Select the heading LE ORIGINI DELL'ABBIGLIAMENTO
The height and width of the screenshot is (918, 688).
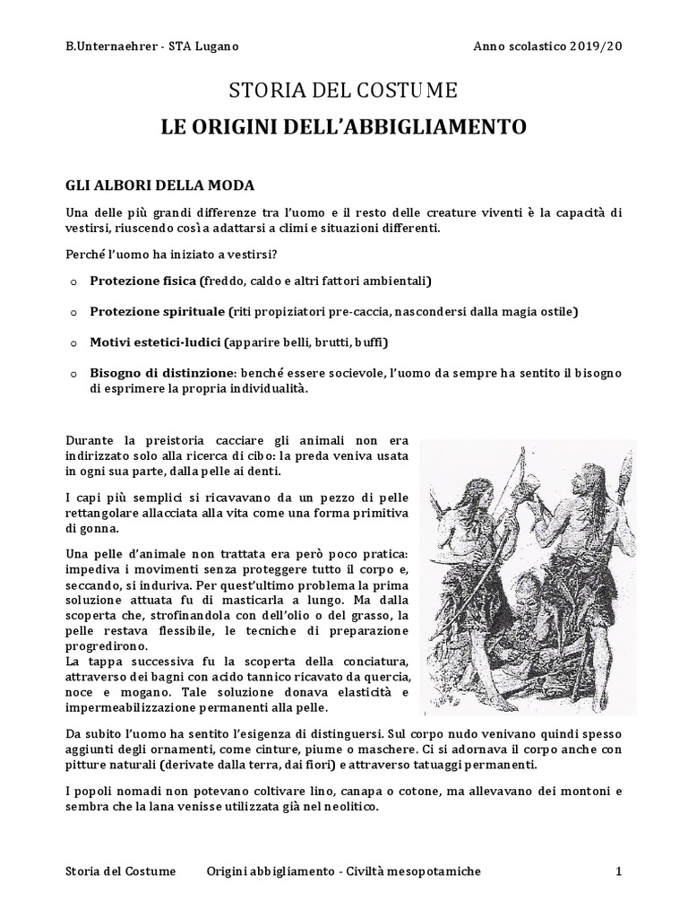click(344, 126)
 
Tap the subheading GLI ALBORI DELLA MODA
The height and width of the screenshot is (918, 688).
click(160, 186)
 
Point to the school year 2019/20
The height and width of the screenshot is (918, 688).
click(596, 47)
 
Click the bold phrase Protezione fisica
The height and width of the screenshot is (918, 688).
click(142, 281)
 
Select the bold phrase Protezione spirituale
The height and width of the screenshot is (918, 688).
click(157, 311)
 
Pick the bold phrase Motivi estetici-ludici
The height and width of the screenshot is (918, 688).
click(155, 342)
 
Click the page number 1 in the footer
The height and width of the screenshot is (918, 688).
click(618, 871)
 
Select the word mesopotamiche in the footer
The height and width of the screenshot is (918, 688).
click(437, 871)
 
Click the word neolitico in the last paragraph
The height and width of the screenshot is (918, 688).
click(357, 806)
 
